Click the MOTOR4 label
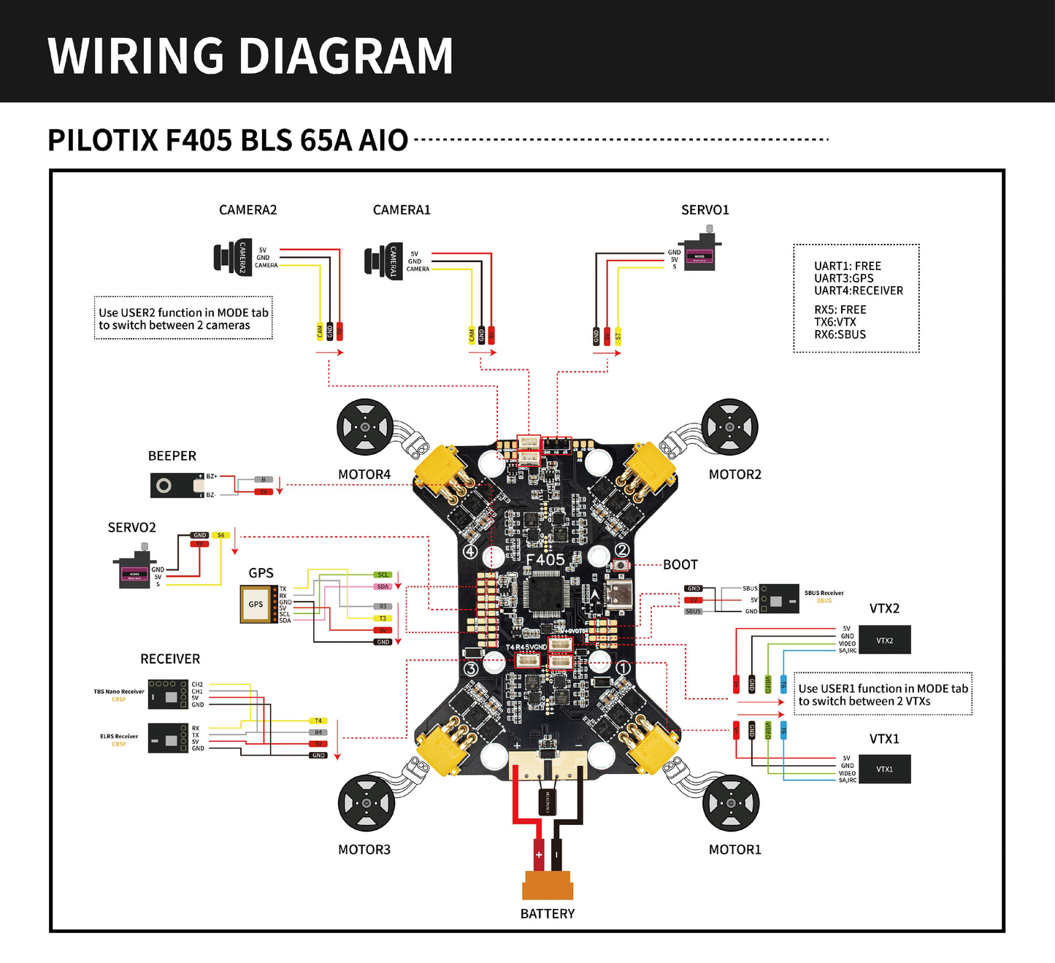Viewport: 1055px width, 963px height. click(364, 475)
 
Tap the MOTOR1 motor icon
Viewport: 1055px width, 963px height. click(730, 803)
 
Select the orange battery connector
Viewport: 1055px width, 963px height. click(548, 885)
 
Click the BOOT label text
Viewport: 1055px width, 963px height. click(680, 564)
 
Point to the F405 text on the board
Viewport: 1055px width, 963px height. click(545, 559)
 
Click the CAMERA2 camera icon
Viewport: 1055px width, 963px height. click(233, 257)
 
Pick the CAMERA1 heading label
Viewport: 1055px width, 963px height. click(402, 210)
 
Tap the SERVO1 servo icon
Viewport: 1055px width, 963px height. click(700, 253)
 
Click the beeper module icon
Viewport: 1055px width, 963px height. click(177, 486)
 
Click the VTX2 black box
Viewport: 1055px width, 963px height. click(884, 640)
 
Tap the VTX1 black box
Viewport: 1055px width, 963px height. click(884, 769)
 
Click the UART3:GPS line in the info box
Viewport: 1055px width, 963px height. click(843, 278)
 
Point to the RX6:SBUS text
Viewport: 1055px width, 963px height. click(840, 334)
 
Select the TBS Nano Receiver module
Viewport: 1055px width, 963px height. click(168, 695)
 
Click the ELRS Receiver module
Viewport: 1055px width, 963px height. click(168, 739)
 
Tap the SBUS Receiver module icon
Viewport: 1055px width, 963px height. click(779, 599)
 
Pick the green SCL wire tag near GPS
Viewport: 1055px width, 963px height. click(383, 575)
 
